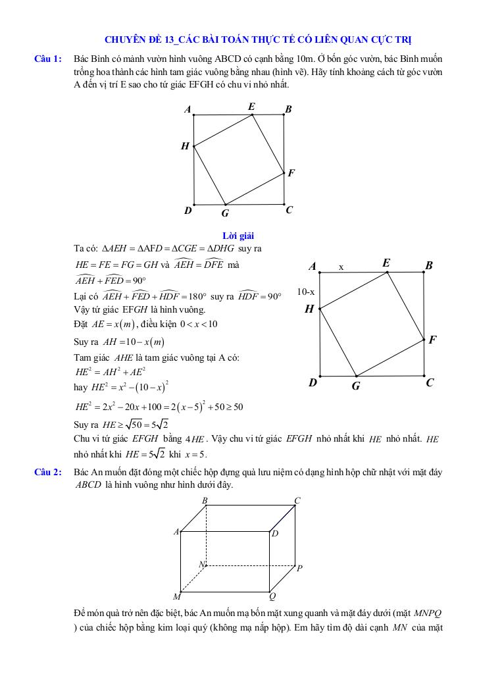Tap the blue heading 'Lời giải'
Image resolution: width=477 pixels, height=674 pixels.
point(238,235)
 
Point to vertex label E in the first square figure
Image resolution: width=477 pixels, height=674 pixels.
point(251,107)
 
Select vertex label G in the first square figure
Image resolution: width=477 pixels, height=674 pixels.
point(224,213)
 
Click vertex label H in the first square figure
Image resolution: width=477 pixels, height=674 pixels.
point(185,146)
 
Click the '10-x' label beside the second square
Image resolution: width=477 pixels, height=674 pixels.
point(305,291)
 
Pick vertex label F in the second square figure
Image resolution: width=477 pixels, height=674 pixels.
point(432,340)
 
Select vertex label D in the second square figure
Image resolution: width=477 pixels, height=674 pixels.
point(313,382)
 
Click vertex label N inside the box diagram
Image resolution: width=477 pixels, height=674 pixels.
point(202,565)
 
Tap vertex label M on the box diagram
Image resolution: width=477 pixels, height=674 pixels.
point(176,597)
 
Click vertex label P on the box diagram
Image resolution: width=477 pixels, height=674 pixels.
point(299,568)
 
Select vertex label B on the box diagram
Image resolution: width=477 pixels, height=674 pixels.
point(205,501)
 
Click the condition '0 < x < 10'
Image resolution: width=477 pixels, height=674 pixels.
point(195,324)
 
